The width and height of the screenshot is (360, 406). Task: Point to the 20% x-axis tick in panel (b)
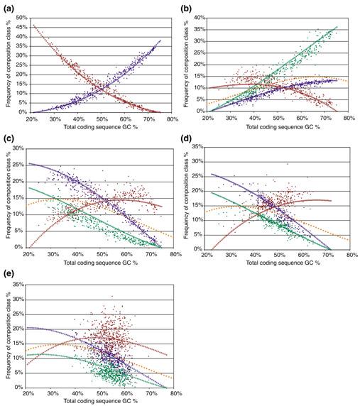pyautogui.click(x=208, y=119)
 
